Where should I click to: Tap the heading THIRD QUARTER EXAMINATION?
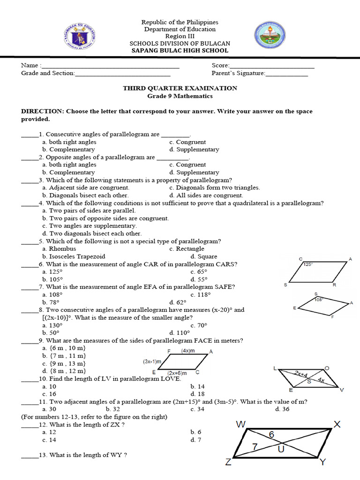click(x=180, y=88)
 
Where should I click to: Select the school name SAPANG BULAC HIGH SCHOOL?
click(x=180, y=51)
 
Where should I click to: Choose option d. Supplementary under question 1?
click(x=194, y=150)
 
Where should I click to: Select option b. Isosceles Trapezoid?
click(x=74, y=256)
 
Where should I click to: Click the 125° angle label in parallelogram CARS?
click(x=307, y=264)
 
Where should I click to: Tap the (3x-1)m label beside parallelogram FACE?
click(x=152, y=362)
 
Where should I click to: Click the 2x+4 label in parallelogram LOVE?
click(x=301, y=374)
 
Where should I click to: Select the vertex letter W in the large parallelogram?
click(x=241, y=425)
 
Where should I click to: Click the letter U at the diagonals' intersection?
click(x=281, y=450)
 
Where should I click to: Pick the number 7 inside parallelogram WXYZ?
click(x=255, y=447)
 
